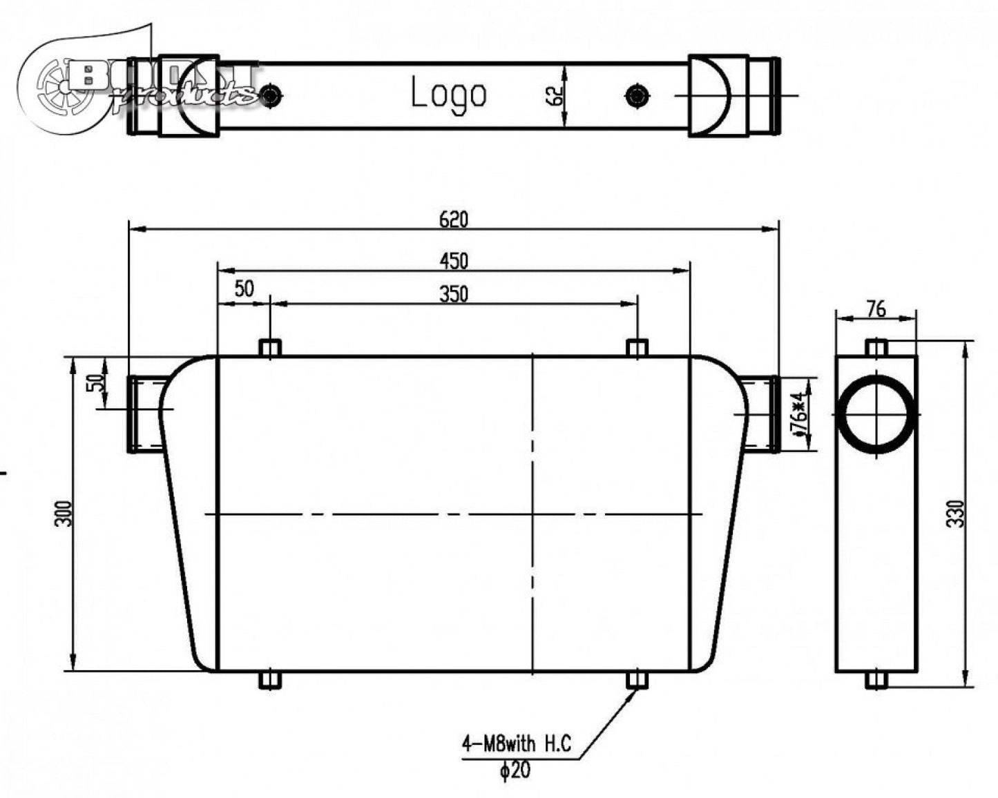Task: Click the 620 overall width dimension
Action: click(454, 219)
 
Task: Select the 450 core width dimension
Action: click(454, 261)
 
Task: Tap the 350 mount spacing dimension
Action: click(454, 294)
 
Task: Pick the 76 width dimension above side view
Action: click(876, 309)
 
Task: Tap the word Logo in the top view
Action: click(449, 94)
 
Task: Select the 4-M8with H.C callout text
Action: click(517, 744)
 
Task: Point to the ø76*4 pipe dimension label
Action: click(799, 415)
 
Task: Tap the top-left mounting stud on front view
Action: click(269, 347)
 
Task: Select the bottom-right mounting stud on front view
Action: click(637, 681)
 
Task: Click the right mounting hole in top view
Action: click(636, 95)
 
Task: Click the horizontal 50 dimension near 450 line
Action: click(244, 289)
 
